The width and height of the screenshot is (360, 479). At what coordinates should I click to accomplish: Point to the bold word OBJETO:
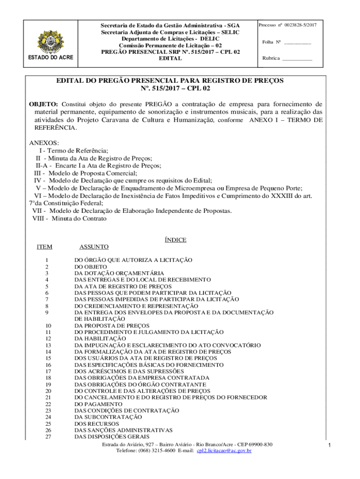coord(43,104)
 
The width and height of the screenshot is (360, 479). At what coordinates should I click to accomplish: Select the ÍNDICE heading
coord(175,240)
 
